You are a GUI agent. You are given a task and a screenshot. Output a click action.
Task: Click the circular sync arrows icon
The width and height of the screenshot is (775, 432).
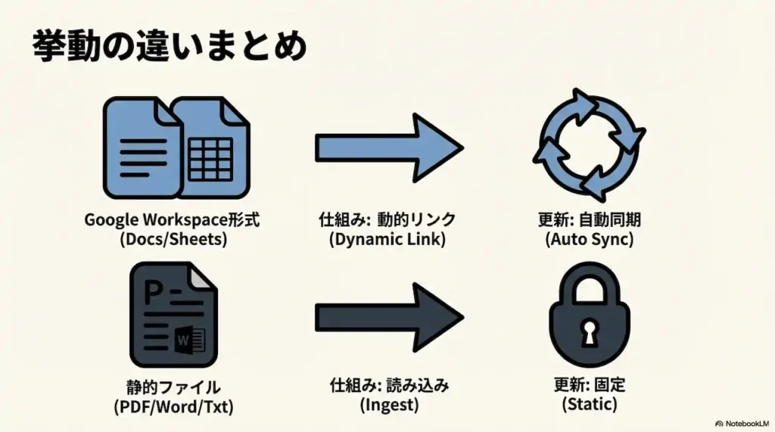(x=590, y=145)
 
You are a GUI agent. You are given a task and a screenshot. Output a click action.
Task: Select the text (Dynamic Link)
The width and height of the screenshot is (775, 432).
(x=388, y=239)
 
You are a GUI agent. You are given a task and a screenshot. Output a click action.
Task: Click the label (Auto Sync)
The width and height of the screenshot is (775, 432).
(x=590, y=239)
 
